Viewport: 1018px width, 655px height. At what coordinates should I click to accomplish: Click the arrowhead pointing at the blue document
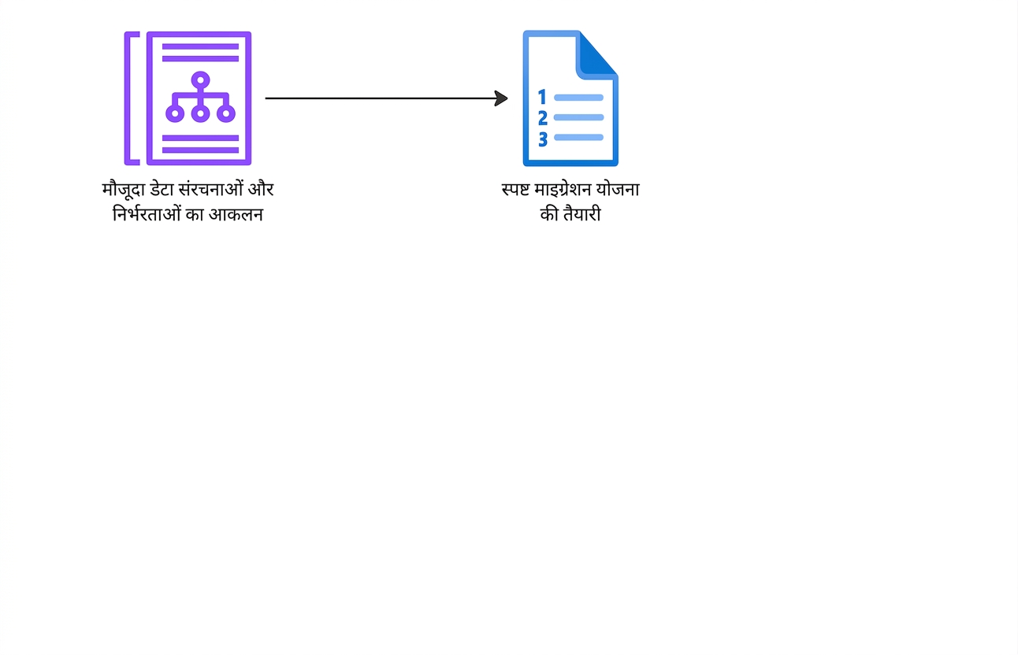point(501,98)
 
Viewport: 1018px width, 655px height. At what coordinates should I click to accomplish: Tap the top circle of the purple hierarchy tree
point(200,80)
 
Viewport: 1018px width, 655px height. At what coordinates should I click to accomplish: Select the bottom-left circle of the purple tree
point(175,113)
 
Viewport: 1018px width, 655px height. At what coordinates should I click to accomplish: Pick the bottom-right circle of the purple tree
point(226,113)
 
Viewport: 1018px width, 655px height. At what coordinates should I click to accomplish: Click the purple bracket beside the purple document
point(127,98)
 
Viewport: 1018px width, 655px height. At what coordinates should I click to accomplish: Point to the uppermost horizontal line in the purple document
point(200,46)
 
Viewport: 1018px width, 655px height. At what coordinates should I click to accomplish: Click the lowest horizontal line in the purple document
point(200,150)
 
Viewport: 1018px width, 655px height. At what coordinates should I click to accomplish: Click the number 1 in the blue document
point(542,97)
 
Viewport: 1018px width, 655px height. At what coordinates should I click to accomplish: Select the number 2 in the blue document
point(543,118)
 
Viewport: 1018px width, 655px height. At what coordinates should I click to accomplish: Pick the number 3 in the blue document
point(543,139)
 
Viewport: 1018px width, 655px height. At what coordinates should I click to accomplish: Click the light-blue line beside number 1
point(578,98)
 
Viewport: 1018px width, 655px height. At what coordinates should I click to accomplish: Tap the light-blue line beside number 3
point(578,137)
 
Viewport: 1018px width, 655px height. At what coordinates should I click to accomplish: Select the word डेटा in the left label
point(162,189)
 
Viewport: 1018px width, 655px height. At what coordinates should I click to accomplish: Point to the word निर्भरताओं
point(147,213)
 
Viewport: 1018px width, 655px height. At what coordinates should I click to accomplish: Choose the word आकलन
point(236,213)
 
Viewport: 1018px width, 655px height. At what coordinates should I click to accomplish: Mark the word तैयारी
point(582,213)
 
